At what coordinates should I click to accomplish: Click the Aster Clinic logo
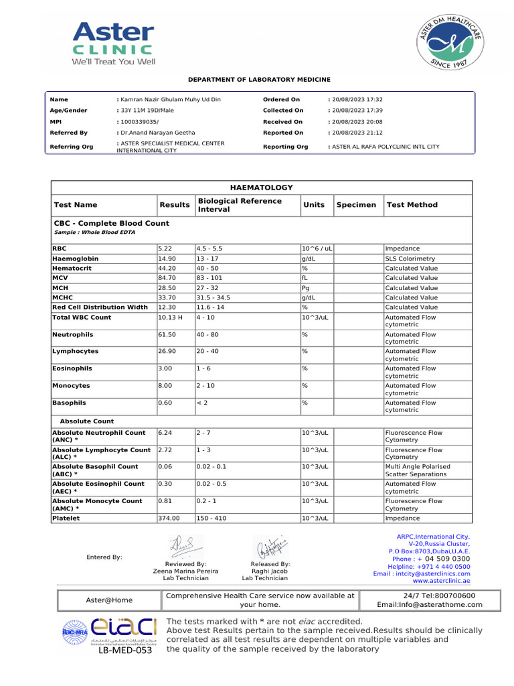pos(113,43)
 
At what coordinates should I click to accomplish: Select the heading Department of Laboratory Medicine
pos(258,80)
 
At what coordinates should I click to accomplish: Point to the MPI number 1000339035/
pos(139,122)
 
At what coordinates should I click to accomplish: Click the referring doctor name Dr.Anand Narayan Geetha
pos(159,133)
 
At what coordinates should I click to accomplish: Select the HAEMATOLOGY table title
pos(261,188)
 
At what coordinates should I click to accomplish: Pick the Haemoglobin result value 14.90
pos(167,259)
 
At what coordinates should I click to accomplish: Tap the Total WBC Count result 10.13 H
pos(170,318)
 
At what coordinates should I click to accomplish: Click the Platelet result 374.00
pos(169,518)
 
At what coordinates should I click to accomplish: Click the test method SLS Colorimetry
pos(410,259)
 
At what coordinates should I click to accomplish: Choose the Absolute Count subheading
pos(87,421)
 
